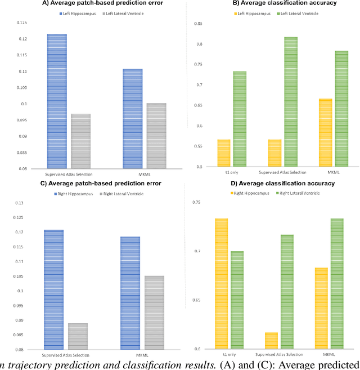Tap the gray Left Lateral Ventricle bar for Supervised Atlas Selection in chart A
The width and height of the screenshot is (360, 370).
coord(80,141)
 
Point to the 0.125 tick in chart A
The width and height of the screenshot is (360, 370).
coord(37,23)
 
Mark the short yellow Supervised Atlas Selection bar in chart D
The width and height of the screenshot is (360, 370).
coord(271,341)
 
